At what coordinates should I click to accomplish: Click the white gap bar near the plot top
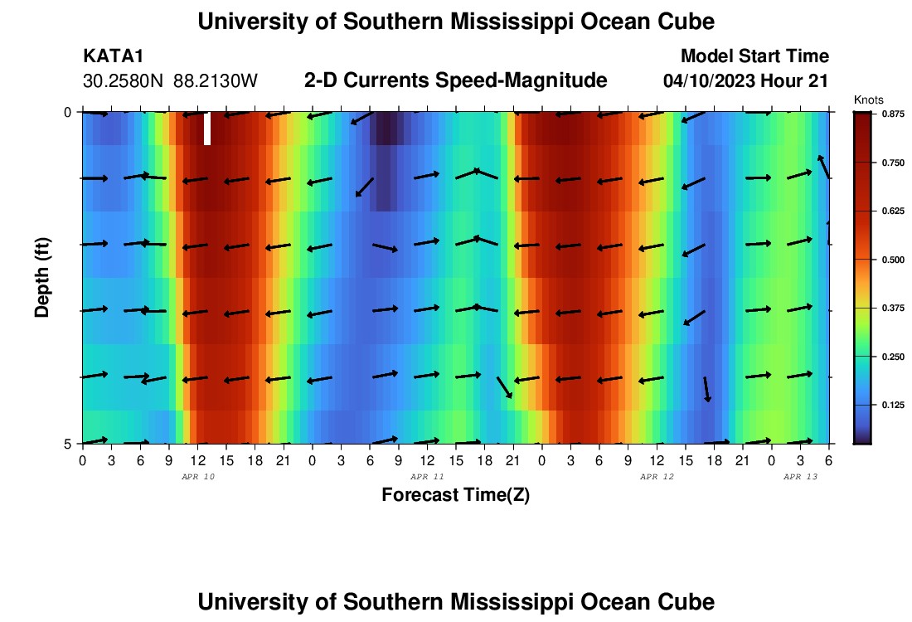[207, 128]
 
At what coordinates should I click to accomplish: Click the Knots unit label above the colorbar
[868, 100]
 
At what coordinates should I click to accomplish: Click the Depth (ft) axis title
[42, 276]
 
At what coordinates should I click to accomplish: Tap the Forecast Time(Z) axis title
[455, 495]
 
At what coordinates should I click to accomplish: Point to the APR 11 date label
[428, 478]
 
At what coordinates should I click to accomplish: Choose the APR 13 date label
[801, 478]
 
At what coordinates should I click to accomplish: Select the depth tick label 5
[68, 444]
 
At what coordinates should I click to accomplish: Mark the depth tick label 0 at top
[68, 112]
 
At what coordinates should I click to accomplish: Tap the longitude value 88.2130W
[216, 81]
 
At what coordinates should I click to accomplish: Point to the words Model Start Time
[754, 56]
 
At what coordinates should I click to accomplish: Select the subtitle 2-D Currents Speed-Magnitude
[455, 80]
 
